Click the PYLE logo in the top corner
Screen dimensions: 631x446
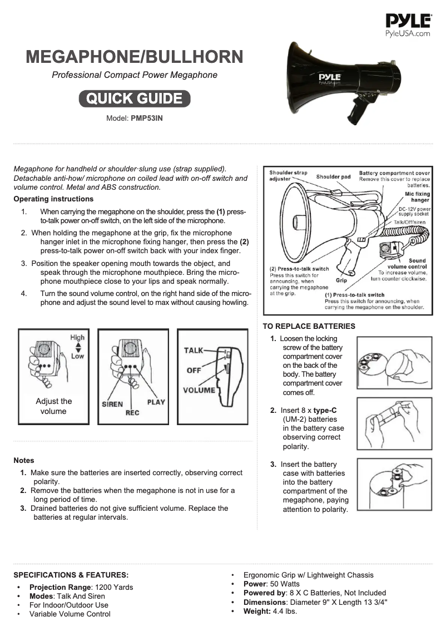[x=408, y=25]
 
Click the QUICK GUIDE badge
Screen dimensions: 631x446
[x=134, y=98]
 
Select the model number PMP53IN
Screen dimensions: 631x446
[x=147, y=119]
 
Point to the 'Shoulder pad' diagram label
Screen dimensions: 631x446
[x=333, y=177]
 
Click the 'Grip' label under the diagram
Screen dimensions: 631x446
[x=341, y=280]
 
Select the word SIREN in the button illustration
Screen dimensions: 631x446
[x=112, y=404]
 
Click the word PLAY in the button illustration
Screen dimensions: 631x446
[x=156, y=402]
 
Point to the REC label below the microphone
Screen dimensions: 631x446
[x=132, y=413]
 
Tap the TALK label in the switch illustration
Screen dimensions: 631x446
[x=194, y=350]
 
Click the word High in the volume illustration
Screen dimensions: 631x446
[x=77, y=337]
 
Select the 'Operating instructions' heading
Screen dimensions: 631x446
[x=53, y=199]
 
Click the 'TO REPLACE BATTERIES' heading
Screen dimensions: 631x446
[x=309, y=326]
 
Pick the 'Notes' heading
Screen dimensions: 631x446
[x=24, y=460]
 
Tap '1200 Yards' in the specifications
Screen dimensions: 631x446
[x=115, y=587]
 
